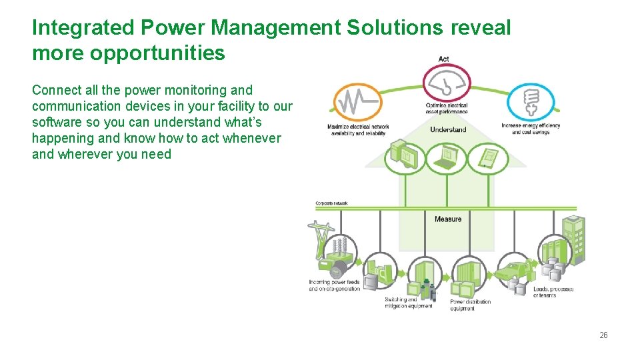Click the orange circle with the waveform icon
(x=358, y=102)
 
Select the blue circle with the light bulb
(x=530, y=102)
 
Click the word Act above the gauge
(x=444, y=59)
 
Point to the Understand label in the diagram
(x=448, y=129)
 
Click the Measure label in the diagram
(x=448, y=219)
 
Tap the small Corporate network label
(x=331, y=203)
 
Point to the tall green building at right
(x=573, y=240)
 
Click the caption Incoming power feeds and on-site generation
(x=334, y=285)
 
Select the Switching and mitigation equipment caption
(x=408, y=303)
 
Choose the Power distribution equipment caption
(x=470, y=305)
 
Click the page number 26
(x=603, y=335)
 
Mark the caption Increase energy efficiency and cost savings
(x=531, y=129)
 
